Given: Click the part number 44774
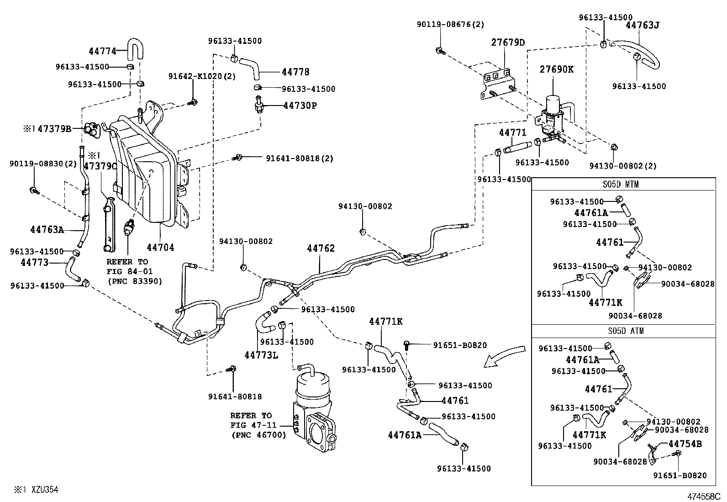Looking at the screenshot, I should (102, 51).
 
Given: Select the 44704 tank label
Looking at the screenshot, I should (160, 247).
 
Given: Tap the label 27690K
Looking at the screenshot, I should (556, 69).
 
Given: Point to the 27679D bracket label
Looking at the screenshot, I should (508, 42).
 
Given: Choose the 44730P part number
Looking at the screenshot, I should (300, 106).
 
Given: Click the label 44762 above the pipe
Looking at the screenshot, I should (321, 248).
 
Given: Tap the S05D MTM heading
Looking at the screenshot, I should (624, 185).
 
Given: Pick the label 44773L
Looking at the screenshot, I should (261, 355).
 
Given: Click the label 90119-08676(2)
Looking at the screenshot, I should (450, 24).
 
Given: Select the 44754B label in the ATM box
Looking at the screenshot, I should (685, 444).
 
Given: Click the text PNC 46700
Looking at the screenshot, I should (258, 435).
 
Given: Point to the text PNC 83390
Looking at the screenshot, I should (135, 281).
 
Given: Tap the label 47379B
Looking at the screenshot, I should (54, 129).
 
